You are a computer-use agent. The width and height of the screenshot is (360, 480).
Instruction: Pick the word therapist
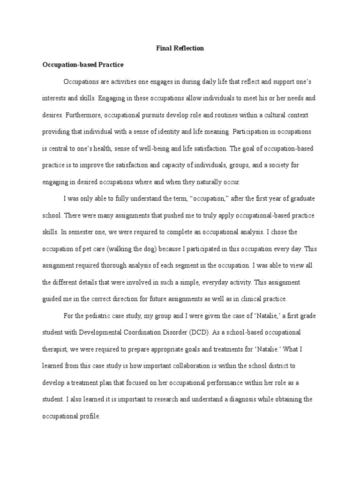click(56, 349)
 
